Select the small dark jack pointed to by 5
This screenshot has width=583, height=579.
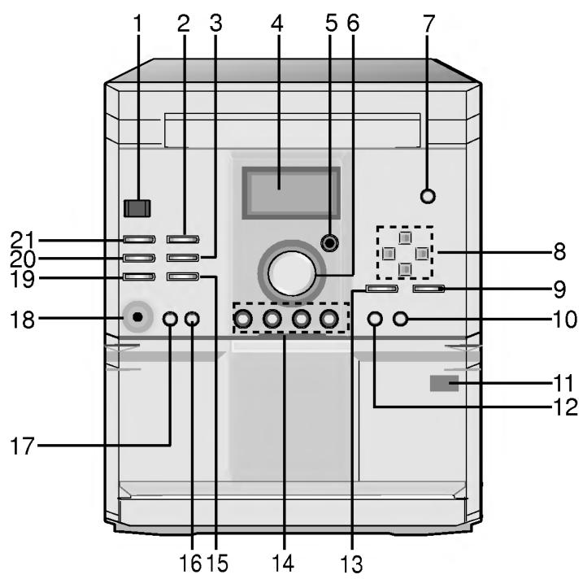click(x=329, y=242)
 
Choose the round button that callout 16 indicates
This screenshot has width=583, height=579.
click(x=192, y=319)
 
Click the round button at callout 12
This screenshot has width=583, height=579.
click(x=375, y=319)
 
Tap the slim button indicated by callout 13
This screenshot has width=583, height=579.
click(x=381, y=289)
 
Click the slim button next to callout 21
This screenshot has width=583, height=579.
click(x=139, y=240)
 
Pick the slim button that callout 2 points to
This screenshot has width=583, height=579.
click(x=182, y=240)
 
